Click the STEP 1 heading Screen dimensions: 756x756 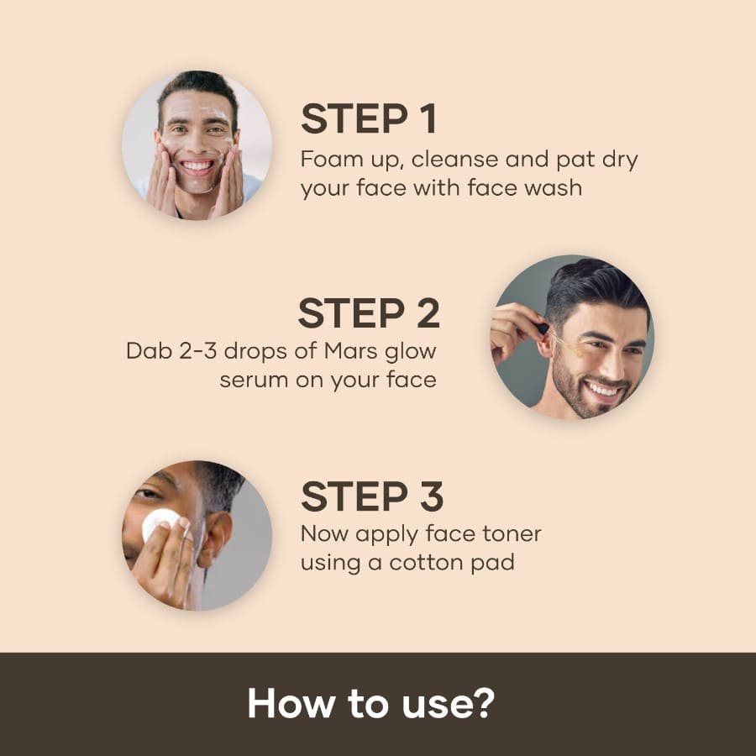tap(369, 119)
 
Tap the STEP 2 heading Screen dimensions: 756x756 tap(369, 313)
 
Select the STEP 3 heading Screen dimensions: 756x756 tap(372, 496)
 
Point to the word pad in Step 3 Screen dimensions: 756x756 tap(493, 562)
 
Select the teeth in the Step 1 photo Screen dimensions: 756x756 tap(197, 166)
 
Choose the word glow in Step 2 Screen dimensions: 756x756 tap(412, 350)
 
